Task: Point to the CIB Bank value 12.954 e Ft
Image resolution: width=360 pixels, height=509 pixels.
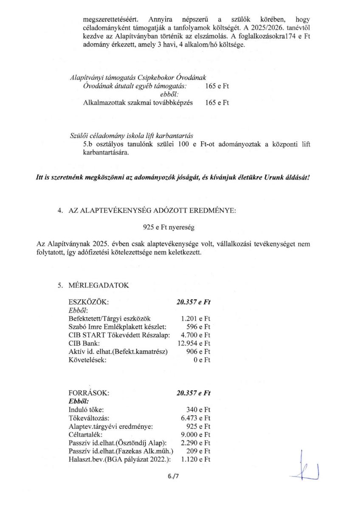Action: [x=194, y=343]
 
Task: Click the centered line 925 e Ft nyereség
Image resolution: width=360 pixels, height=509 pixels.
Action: [x=169, y=228]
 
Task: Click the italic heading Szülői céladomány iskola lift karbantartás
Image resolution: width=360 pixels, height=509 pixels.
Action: [x=132, y=136]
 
